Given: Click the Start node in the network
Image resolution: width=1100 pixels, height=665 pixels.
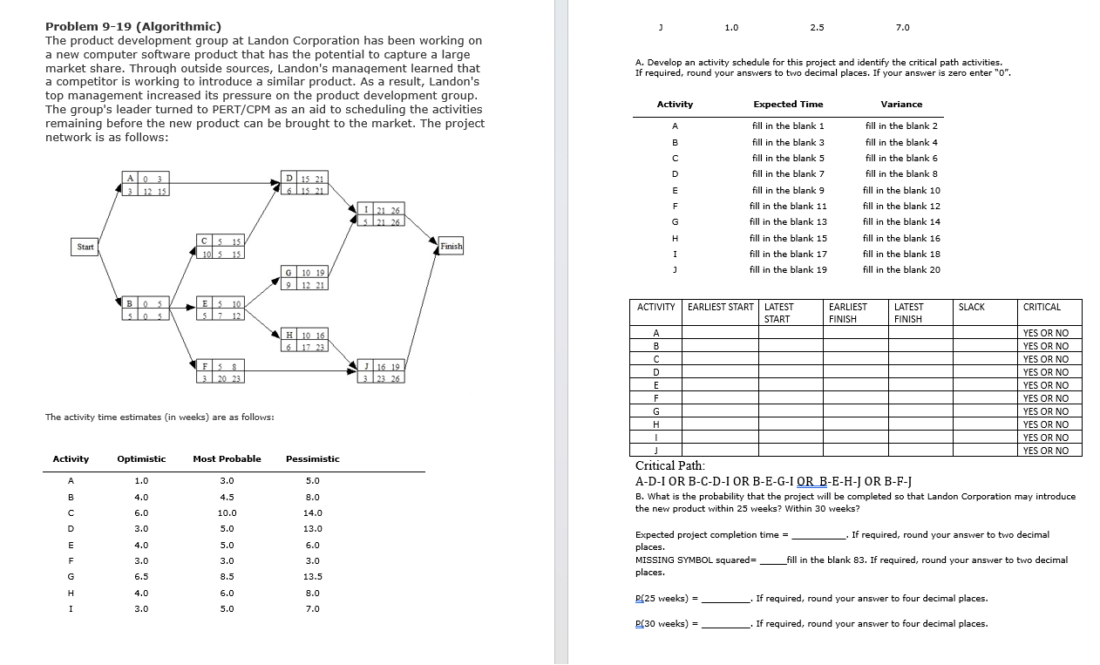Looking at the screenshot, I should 85,247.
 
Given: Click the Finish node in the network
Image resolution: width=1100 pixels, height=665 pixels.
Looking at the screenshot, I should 452,247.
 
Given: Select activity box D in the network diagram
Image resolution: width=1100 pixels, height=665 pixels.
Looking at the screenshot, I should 304,185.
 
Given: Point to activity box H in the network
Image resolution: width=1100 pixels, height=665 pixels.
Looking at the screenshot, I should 305,342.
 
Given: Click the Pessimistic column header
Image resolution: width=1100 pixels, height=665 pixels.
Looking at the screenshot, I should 313,458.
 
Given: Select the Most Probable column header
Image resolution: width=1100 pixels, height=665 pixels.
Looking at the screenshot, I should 227,458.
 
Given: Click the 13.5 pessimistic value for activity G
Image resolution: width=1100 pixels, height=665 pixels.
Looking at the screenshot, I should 313,576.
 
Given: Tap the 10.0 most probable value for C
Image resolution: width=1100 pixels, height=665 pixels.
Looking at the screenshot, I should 227,512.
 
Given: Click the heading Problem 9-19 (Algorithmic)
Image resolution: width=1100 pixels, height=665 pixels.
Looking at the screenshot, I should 133,26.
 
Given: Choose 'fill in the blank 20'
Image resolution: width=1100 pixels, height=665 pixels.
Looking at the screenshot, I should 901,269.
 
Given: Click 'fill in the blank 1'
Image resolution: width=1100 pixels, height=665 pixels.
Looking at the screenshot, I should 788,126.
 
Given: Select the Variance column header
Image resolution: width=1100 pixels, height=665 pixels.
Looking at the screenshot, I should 901,105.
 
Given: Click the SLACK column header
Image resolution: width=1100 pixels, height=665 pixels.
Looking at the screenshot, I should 972,307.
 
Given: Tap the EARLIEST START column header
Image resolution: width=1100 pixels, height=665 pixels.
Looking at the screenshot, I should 720,307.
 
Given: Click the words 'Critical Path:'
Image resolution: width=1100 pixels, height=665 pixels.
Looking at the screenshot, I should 670,465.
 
